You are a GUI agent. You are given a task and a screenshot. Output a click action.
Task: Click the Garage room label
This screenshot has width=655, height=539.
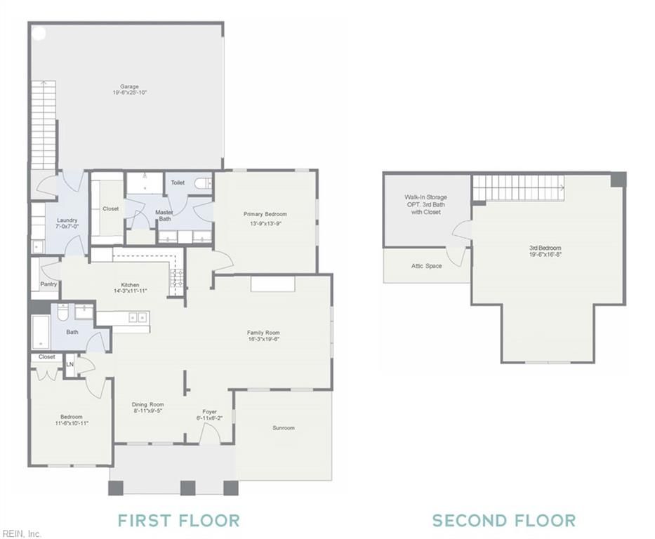(x=129, y=87)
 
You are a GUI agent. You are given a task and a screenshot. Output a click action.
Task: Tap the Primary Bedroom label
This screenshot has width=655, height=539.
(x=265, y=214)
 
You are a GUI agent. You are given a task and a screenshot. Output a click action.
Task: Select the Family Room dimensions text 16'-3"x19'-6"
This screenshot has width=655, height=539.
(x=263, y=339)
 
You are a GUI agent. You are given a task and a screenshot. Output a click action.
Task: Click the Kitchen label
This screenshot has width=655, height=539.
(x=130, y=285)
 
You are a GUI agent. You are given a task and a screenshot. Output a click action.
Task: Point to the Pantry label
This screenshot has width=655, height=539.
(x=48, y=284)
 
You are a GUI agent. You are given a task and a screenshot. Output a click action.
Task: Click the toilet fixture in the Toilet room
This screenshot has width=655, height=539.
(x=203, y=183)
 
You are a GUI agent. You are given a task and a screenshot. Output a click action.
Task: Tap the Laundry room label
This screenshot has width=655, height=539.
(x=67, y=220)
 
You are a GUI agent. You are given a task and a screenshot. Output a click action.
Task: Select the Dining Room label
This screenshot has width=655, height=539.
(x=148, y=404)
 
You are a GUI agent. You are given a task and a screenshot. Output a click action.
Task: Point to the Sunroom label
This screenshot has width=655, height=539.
(x=284, y=427)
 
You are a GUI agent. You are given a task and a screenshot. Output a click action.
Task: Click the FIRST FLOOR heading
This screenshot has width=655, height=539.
(x=179, y=521)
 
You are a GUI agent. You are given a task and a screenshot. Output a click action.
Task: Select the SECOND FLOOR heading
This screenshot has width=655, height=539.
(x=504, y=521)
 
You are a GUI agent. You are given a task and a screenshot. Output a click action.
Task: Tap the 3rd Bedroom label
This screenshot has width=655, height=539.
(x=545, y=248)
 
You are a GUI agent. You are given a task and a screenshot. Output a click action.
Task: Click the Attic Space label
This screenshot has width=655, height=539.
(x=427, y=265)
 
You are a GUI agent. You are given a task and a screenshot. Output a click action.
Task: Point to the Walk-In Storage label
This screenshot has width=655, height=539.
(x=425, y=197)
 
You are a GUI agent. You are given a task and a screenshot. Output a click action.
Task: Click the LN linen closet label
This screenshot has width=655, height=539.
(x=70, y=364)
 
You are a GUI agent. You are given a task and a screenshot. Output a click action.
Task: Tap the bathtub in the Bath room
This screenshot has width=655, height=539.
(x=41, y=333)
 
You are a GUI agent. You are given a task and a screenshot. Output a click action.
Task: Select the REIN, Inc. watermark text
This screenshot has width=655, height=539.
(x=21, y=533)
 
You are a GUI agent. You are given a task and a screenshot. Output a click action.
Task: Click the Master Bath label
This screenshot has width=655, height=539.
(x=164, y=215)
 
